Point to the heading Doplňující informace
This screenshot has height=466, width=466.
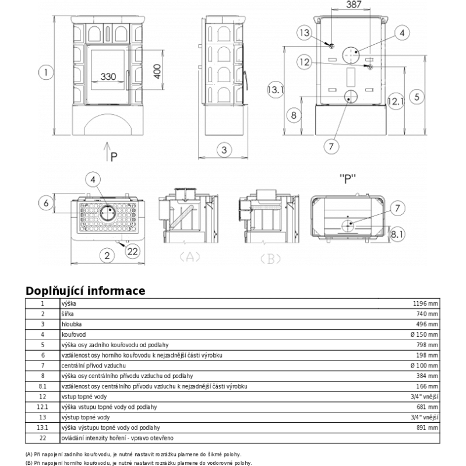pos(85,291)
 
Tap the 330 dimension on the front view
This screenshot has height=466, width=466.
pos(108,76)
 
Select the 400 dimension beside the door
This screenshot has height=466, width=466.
pos(157,72)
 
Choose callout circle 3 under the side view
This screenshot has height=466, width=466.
pos(223,150)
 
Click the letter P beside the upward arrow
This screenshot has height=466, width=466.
pos(114,156)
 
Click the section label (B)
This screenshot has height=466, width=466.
pos(270,259)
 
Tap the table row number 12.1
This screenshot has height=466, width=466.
pos(43,407)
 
